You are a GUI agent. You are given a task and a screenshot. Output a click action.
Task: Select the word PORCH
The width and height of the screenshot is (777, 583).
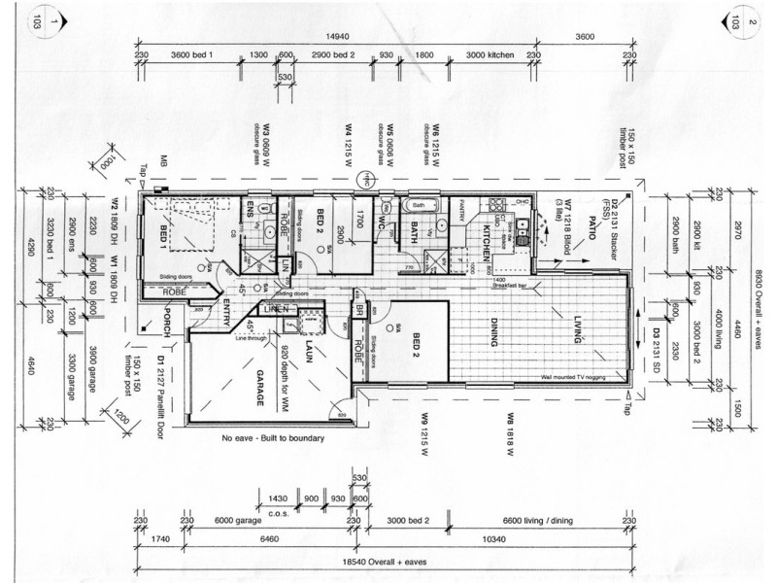tap(166, 321)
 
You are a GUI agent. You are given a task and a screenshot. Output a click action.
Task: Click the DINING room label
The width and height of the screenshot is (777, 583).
tap(494, 335)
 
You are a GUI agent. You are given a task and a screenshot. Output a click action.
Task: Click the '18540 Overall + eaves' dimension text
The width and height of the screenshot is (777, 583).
tap(386, 561)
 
